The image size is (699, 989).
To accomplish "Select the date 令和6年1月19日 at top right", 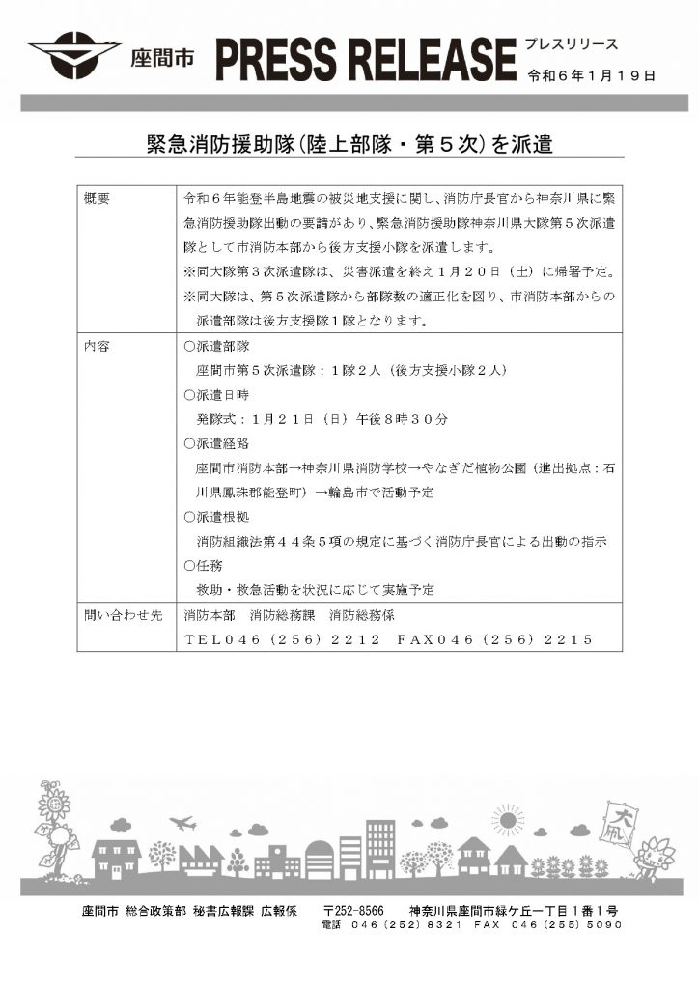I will point(592,74).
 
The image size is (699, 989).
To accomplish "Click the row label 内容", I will point(98,345).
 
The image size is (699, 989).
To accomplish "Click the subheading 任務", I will point(201,565).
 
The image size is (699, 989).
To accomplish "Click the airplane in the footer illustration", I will point(182,823).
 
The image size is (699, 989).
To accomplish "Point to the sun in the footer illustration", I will point(506,821).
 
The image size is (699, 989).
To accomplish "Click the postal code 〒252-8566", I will point(353,911).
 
